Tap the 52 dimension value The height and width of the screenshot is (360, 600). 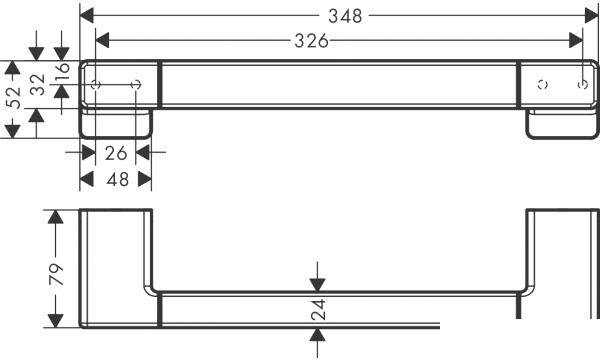[13, 98]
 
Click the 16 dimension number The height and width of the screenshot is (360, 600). [62, 71]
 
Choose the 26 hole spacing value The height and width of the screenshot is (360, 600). [116, 153]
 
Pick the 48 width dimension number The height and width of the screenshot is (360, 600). [116, 180]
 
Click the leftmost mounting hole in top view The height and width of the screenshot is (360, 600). [96, 85]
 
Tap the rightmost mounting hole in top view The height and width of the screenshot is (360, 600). [582, 85]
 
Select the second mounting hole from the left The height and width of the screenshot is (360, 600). [139, 85]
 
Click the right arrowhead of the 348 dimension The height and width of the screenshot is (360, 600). [591, 16]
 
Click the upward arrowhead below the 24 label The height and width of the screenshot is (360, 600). [318, 336]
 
